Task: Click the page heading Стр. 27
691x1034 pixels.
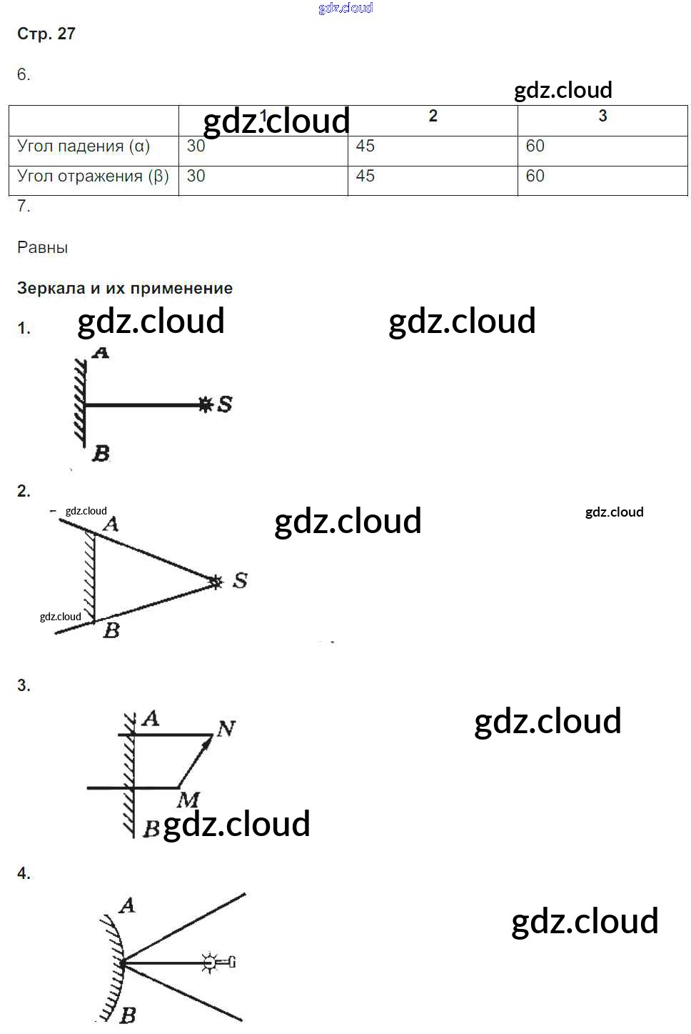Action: (x=46, y=34)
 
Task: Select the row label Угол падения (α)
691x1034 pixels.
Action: (x=84, y=146)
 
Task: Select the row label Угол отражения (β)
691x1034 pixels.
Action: (x=93, y=177)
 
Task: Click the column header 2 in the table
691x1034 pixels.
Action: (x=433, y=116)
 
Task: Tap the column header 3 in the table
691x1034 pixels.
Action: (x=602, y=116)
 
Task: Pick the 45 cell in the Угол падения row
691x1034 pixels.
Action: (x=365, y=146)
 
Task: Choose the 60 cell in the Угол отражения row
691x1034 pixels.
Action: (x=535, y=177)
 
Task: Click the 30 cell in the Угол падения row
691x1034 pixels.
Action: (x=196, y=146)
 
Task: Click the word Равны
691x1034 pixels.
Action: (x=43, y=248)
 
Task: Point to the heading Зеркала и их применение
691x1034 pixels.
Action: (x=125, y=289)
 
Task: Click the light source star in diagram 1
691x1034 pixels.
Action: (x=206, y=404)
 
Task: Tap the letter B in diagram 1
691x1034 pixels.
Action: (x=101, y=454)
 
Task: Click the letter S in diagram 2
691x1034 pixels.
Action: (x=240, y=580)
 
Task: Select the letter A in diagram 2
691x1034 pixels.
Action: (x=111, y=525)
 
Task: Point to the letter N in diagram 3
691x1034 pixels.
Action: (x=226, y=729)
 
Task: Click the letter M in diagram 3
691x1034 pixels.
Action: (x=188, y=800)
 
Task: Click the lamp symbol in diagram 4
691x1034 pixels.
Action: (x=210, y=963)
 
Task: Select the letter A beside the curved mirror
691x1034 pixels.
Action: (x=128, y=906)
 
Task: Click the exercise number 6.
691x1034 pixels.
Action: (x=24, y=75)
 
